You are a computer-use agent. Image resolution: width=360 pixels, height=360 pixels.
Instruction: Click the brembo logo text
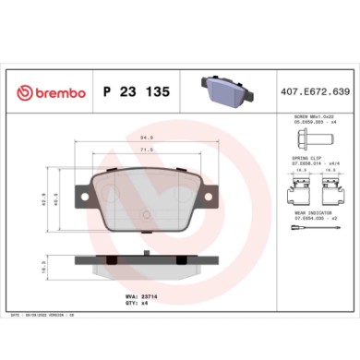pos(53,92)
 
